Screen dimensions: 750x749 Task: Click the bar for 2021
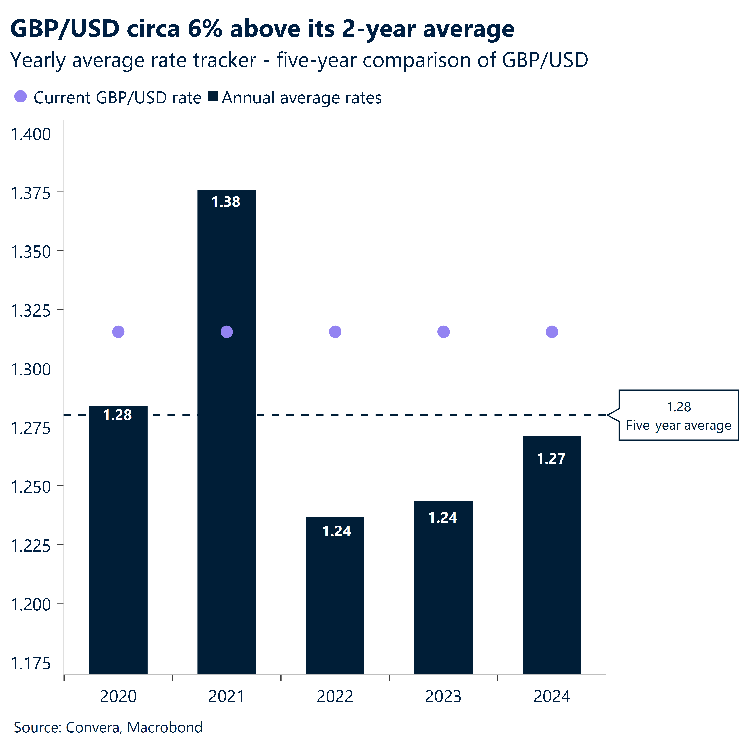tap(227, 447)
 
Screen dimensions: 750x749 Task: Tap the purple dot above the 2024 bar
tap(552, 332)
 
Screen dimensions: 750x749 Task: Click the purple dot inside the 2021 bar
tap(227, 332)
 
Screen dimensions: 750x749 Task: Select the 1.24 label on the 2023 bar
tap(443, 517)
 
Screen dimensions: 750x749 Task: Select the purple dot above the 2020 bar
tap(118, 332)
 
